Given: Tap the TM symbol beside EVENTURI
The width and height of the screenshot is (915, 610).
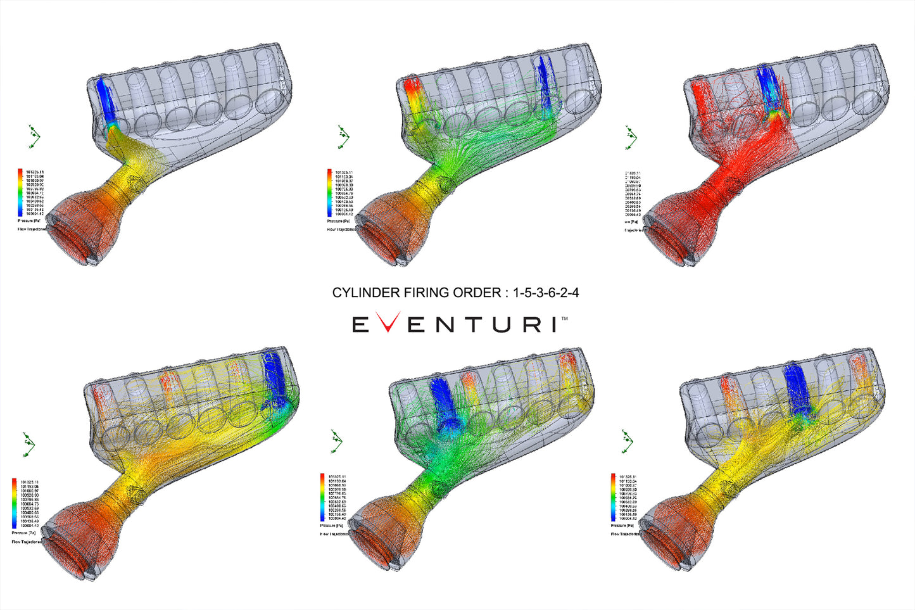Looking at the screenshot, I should click(x=564, y=319).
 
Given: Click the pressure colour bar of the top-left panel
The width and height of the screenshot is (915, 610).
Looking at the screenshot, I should click(x=21, y=193).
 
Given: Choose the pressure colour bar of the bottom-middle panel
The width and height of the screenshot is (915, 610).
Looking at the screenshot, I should click(x=322, y=497).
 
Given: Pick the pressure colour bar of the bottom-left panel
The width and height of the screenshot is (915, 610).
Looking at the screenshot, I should click(x=15, y=504).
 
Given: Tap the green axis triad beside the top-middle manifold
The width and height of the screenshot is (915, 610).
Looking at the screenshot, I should click(x=343, y=137).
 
